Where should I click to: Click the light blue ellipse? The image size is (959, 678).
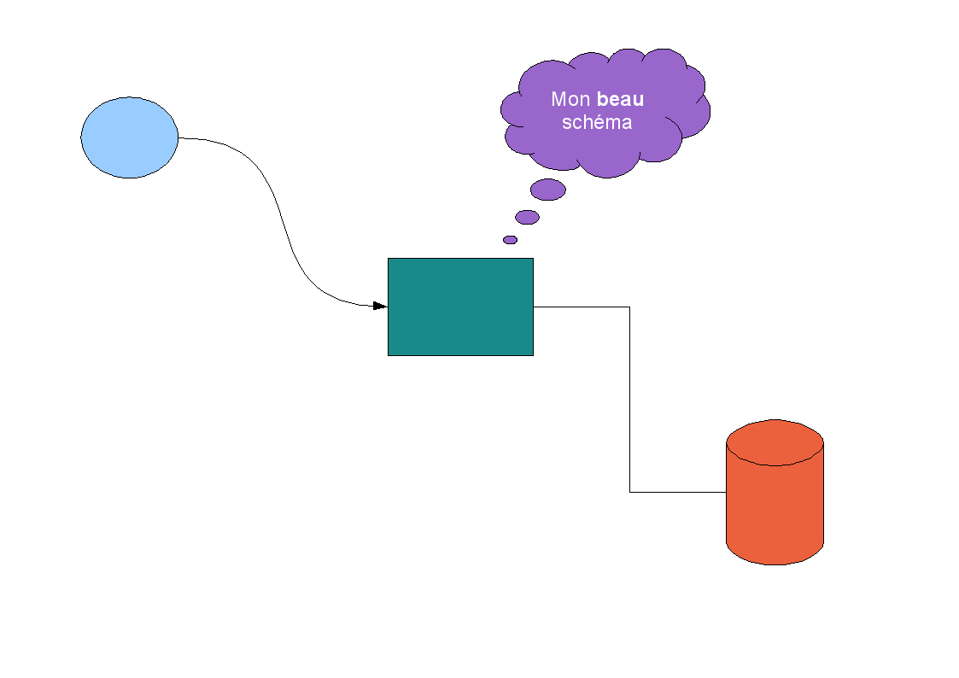click(129, 137)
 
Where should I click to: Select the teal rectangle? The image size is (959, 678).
click(460, 307)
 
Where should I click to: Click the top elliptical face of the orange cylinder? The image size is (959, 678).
click(775, 442)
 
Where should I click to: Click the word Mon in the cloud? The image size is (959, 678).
click(570, 100)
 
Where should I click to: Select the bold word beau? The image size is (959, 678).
click(621, 100)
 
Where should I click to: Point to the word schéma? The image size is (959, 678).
click(597, 122)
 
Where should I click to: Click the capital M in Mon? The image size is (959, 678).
click(558, 100)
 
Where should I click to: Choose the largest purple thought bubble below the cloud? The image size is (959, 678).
click(547, 190)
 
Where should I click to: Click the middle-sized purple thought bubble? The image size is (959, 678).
click(527, 217)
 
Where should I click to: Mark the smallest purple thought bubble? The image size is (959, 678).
click(510, 240)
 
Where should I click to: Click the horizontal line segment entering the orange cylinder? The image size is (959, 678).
click(678, 492)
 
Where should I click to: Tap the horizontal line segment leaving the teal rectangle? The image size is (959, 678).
click(581, 307)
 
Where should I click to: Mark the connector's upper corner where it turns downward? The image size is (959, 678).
click(629, 307)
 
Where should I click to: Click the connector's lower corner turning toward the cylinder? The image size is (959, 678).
click(629, 492)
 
